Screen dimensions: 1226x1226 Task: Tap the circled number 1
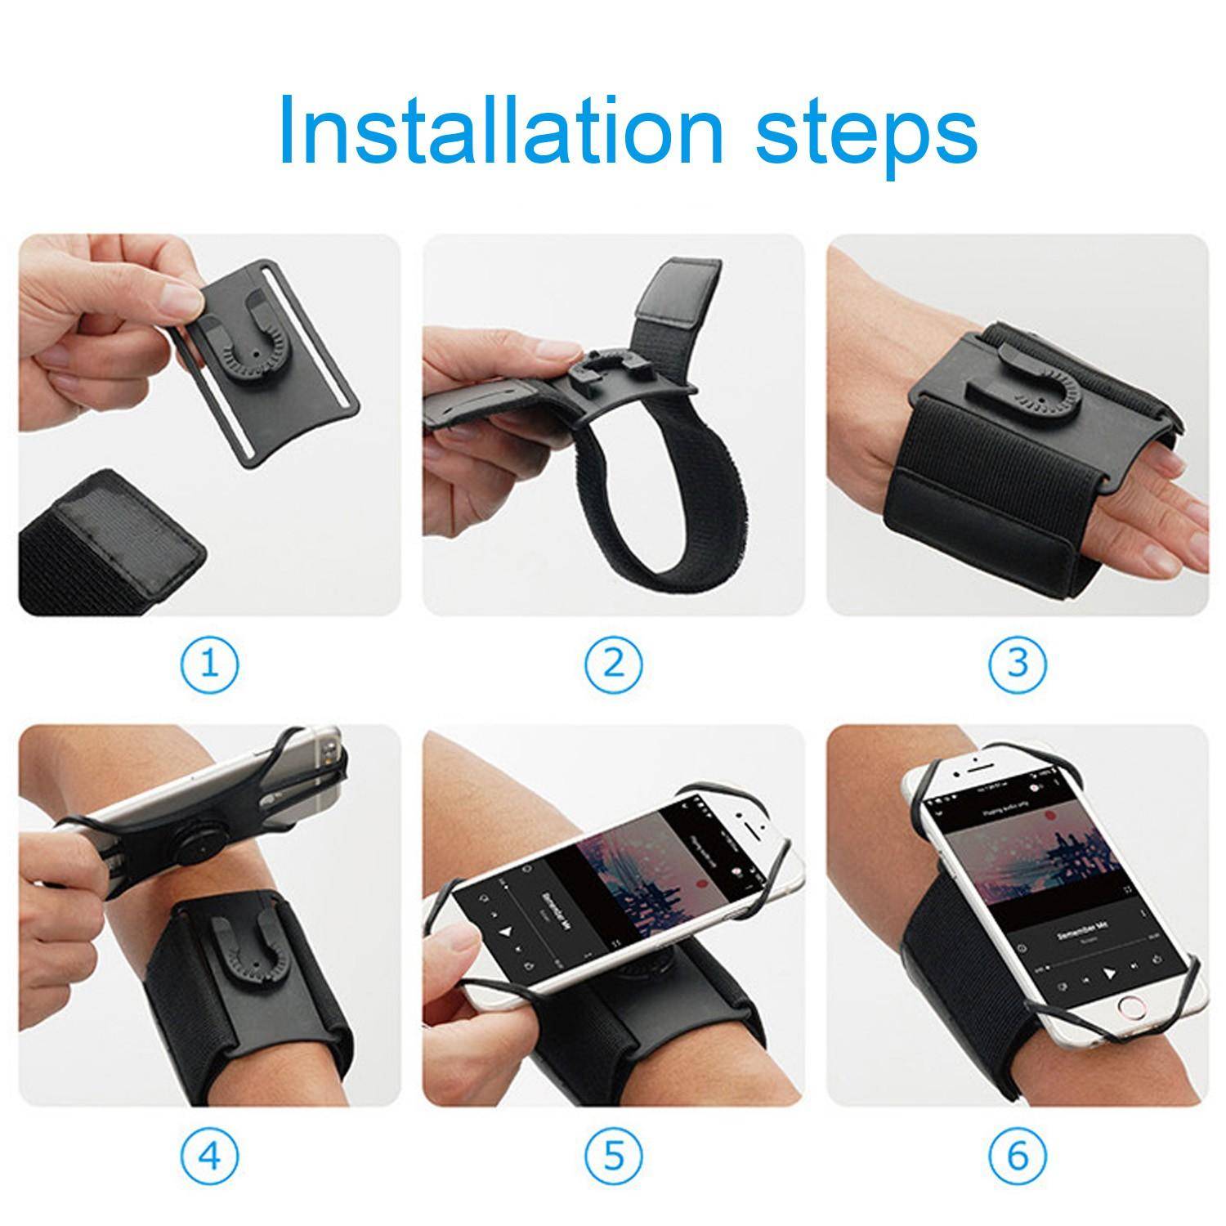210,664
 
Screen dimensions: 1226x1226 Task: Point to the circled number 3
1017,664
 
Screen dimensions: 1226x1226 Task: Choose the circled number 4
210,1155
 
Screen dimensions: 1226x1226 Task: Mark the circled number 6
1017,1155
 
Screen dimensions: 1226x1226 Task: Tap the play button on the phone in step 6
1109,973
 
